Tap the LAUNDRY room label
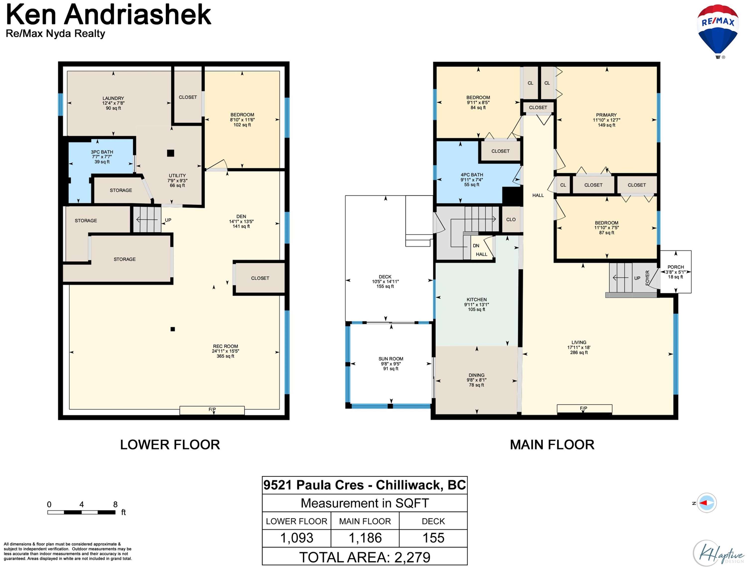coord(113,103)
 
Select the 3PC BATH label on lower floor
coord(102,157)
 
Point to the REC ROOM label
coord(225,351)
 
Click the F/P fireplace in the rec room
coord(212,410)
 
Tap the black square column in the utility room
coord(171,153)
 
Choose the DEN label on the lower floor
coord(241,221)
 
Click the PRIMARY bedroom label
coord(606,120)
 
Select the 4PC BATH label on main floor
coord(472,179)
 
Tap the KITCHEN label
coord(477,304)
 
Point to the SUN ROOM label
coord(391,363)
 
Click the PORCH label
coord(676,272)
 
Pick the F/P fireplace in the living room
coord(584,409)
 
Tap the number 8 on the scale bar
coord(115,504)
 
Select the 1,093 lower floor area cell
coord(297,538)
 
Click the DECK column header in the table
coord(433,521)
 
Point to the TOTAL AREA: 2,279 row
coord(365,557)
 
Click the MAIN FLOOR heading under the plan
coord(552,445)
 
